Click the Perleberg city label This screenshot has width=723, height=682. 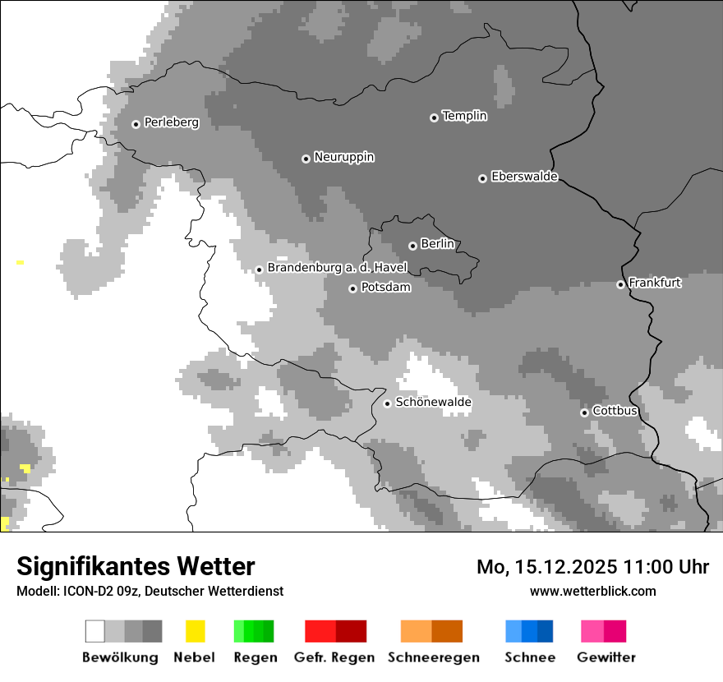(171, 122)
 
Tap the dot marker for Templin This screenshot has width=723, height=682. (434, 118)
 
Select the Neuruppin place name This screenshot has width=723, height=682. (343, 157)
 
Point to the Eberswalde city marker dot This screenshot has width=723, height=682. (482, 178)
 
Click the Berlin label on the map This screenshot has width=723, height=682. (437, 244)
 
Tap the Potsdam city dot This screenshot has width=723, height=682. (352, 288)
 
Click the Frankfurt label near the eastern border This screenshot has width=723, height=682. (655, 283)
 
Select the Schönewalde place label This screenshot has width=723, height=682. (433, 403)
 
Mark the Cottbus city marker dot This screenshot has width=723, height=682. (584, 412)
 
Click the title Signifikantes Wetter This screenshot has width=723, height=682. (136, 566)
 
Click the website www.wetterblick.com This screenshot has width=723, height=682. (592, 591)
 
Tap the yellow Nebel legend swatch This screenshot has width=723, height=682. (195, 631)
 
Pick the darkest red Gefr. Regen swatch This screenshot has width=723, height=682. (351, 631)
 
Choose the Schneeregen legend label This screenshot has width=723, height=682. (433, 657)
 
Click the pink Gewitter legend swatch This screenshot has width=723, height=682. (592, 631)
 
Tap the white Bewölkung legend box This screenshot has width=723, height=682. (94, 631)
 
